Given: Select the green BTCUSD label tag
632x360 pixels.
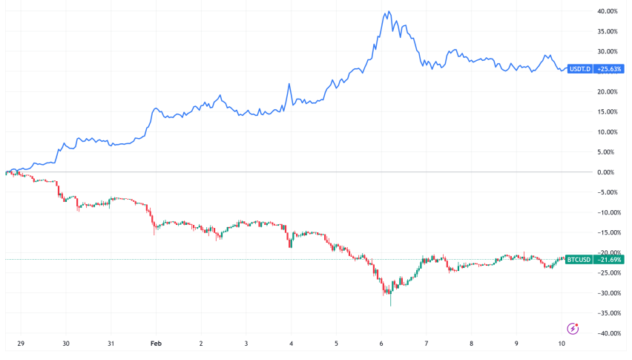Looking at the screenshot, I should (x=578, y=259).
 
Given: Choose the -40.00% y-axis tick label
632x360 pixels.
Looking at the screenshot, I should (x=608, y=333).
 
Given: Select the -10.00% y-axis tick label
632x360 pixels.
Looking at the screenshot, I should (x=608, y=212).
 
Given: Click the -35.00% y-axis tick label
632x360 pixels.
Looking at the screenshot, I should (x=608, y=313).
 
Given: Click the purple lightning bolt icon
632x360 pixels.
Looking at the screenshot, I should (x=573, y=328).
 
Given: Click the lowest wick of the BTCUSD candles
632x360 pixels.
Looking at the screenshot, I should (x=390, y=305).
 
